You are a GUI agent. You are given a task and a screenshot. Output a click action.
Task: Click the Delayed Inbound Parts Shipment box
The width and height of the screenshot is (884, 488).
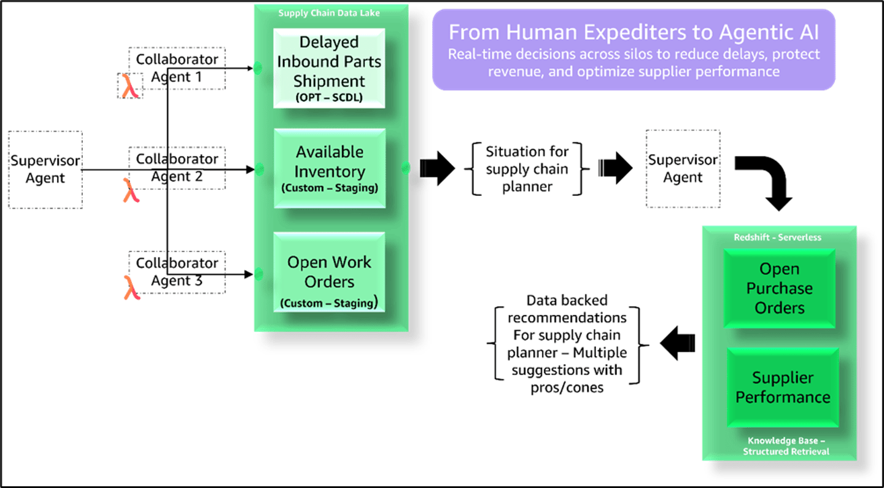click(x=329, y=68)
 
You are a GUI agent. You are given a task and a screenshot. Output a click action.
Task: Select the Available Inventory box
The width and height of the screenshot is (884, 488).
click(x=330, y=168)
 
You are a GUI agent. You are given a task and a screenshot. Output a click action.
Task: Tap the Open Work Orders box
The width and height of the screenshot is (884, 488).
click(x=329, y=271)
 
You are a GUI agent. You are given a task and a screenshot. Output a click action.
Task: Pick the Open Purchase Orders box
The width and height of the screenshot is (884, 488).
click(x=779, y=288)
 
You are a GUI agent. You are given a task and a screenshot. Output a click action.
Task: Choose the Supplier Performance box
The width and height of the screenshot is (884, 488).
click(x=783, y=387)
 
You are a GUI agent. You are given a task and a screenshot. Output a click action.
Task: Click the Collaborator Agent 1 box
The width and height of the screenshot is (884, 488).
click(x=177, y=68)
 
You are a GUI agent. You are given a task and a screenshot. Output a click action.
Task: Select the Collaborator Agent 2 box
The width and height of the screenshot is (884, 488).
click(x=177, y=168)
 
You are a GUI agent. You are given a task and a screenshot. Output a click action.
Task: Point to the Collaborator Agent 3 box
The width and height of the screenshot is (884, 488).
click(x=177, y=271)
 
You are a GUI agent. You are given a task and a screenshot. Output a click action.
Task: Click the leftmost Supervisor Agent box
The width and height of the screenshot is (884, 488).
click(x=45, y=169)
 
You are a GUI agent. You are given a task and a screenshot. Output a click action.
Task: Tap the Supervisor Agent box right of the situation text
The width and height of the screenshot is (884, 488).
click(x=683, y=169)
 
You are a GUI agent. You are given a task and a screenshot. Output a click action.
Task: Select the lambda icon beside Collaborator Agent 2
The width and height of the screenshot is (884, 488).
click(x=130, y=190)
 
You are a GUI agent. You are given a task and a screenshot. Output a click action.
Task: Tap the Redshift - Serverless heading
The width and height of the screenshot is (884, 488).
click(x=778, y=237)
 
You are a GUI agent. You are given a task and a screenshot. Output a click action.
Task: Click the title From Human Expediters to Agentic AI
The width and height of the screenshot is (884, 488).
click(x=634, y=33)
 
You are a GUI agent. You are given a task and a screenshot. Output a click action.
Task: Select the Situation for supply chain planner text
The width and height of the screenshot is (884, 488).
click(x=527, y=169)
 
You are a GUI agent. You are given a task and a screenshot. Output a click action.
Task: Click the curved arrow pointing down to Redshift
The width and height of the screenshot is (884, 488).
click(x=767, y=181)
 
